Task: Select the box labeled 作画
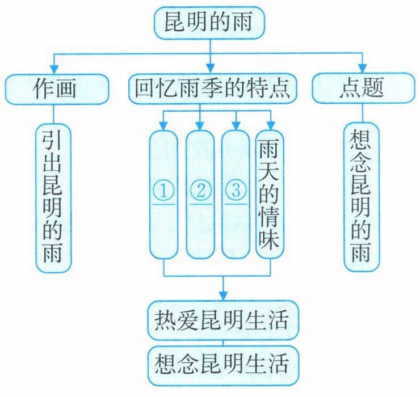click(57, 88)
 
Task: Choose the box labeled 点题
click(363, 88)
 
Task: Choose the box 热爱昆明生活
click(222, 321)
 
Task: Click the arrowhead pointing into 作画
click(54, 67)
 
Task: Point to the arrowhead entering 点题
click(363, 67)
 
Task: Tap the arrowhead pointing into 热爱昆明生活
click(223, 295)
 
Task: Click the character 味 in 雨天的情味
click(270, 241)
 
